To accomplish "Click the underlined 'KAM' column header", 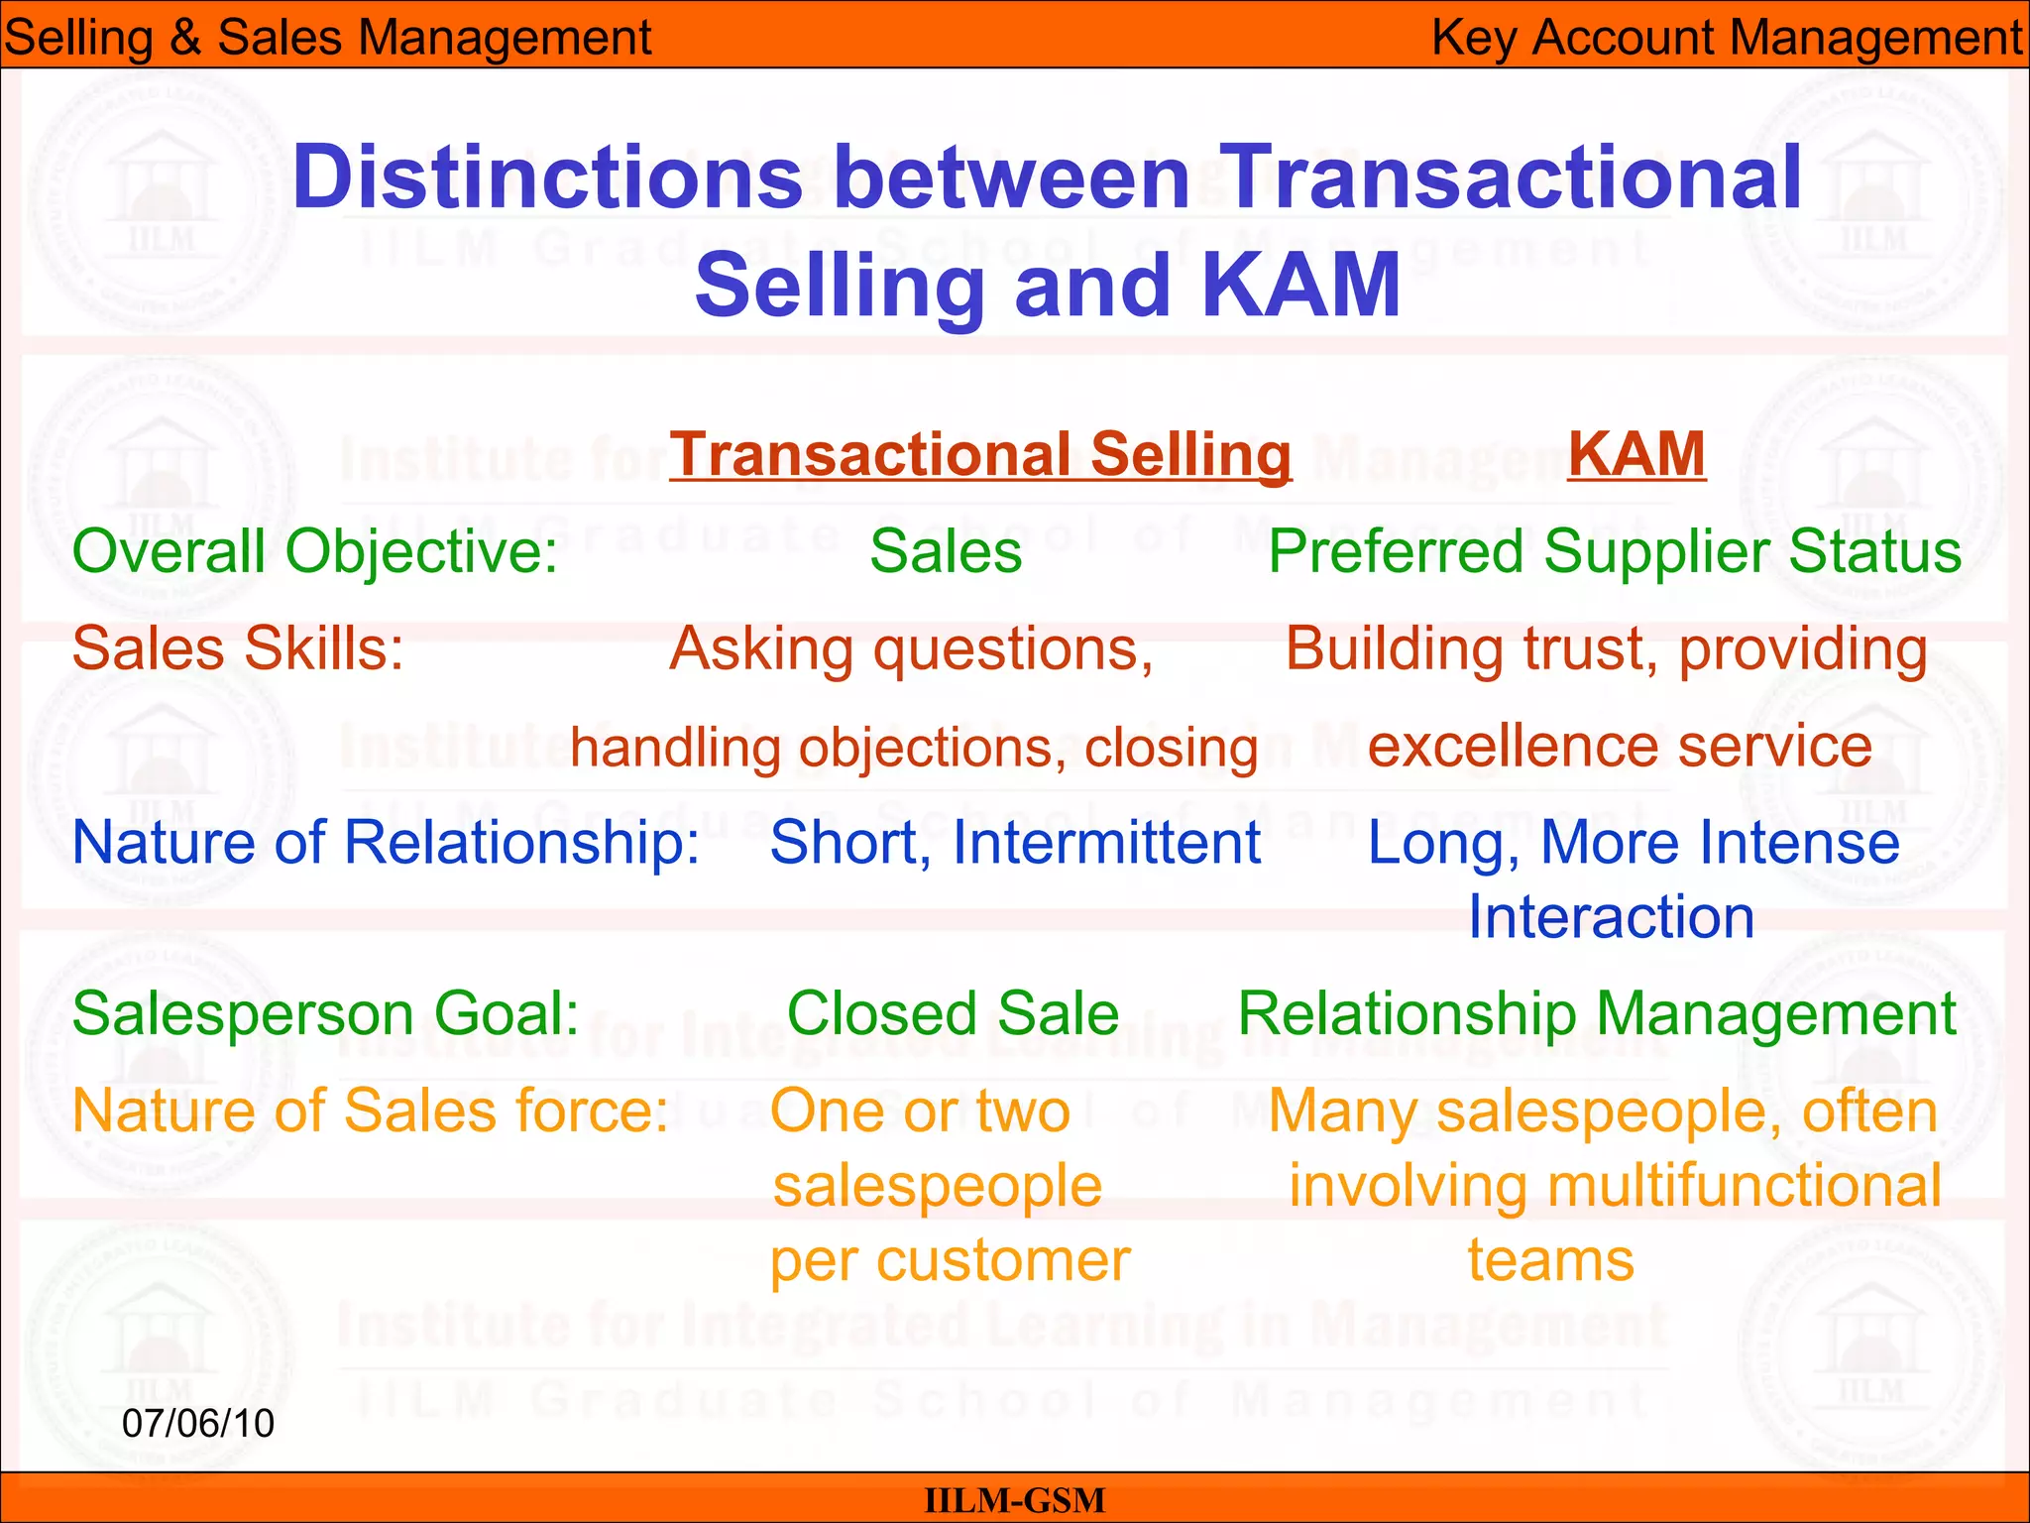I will [x=1636, y=454].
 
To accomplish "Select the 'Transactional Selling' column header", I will [x=980, y=454].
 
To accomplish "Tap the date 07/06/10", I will [x=198, y=1423].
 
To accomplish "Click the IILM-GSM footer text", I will [x=1014, y=1500].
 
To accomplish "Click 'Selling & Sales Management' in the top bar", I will [x=327, y=38].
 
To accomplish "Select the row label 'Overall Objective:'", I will [x=315, y=551].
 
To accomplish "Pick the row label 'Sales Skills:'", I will [x=238, y=648].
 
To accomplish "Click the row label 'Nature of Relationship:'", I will [x=387, y=843].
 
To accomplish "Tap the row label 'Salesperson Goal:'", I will [x=326, y=1013].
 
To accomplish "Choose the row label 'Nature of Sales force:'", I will [x=371, y=1111].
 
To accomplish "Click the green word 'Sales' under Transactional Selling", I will [x=946, y=551].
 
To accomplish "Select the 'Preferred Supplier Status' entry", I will [x=1615, y=551].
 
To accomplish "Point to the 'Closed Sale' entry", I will [x=953, y=1013].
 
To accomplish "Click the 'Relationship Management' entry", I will [x=1597, y=1013].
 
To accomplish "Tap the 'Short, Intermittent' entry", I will [x=1015, y=843].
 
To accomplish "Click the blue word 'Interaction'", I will [x=1611, y=917].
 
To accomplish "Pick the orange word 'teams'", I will [x=1550, y=1260].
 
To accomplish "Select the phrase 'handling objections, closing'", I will [x=914, y=748].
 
